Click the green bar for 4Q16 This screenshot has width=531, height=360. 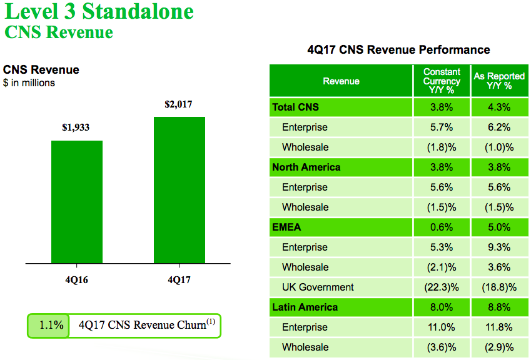77,202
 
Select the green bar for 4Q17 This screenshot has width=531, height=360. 180,190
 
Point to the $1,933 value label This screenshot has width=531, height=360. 76,127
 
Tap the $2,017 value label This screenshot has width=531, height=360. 178,104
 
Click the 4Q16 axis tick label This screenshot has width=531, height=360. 76,280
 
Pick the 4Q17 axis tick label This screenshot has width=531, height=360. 179,280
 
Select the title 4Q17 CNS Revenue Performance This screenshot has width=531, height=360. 398,50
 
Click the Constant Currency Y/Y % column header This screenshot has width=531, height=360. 442,81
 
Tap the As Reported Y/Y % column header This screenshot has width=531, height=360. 499,81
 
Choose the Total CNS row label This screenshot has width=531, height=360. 295,107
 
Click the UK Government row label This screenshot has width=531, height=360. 318,287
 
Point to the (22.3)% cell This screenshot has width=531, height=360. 442,287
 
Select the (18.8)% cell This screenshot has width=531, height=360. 499,287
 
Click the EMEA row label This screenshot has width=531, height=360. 286,227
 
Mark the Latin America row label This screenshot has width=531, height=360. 305,307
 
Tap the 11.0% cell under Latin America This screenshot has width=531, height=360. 442,327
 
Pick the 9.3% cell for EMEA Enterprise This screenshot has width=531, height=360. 499,247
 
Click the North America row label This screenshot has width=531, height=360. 306,167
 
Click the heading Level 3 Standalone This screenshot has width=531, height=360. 99,11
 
